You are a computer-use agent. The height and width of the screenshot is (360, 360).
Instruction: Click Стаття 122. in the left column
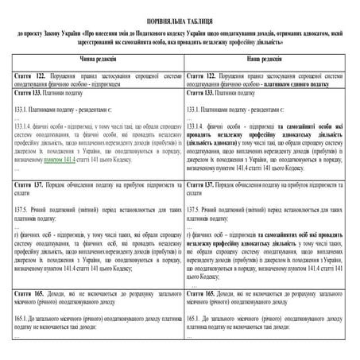coord(29,74)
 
